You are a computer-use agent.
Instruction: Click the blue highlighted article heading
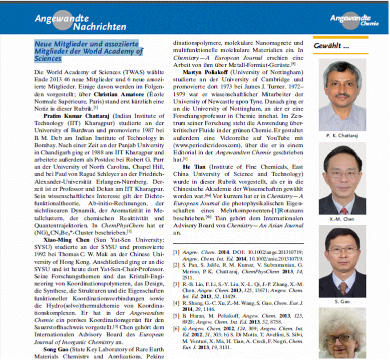89,51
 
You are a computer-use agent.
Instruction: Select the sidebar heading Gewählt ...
331,46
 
